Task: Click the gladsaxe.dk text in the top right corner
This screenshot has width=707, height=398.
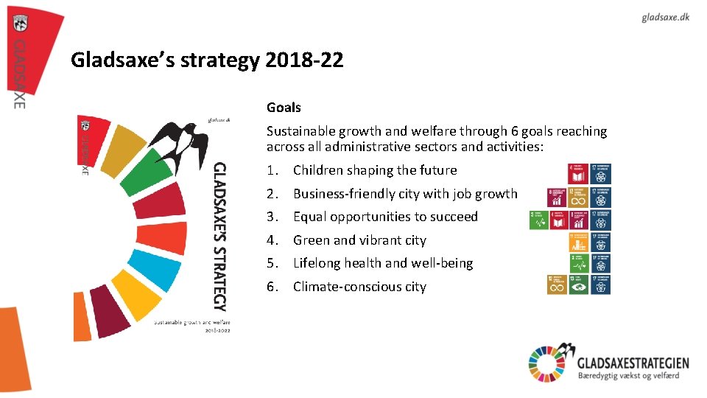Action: coord(665,17)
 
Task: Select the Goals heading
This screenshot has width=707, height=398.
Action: coord(284,108)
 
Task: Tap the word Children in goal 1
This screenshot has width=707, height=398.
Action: coord(318,170)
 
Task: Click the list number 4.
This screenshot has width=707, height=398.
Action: coord(272,240)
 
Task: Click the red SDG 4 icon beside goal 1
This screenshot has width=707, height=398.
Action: coord(579,174)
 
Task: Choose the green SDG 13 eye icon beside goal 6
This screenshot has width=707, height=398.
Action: coord(579,285)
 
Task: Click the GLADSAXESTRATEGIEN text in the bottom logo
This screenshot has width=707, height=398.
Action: coord(633,362)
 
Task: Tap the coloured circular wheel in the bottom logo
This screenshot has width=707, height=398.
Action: coord(546,363)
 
